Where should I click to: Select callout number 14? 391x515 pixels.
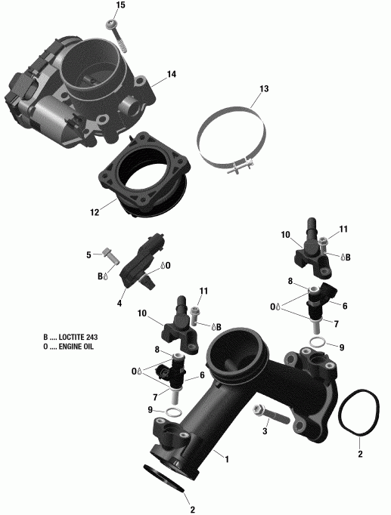pos(172,74)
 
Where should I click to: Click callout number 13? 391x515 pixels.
pos(263,90)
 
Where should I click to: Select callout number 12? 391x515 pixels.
pos(94,212)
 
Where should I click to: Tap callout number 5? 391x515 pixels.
pos(88,254)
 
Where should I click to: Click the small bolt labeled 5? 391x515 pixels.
pos(110,257)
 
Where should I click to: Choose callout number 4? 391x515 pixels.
pos(119,304)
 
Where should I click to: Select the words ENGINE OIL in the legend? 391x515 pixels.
pos(76,347)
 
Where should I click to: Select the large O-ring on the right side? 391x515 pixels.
pos(359,415)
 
